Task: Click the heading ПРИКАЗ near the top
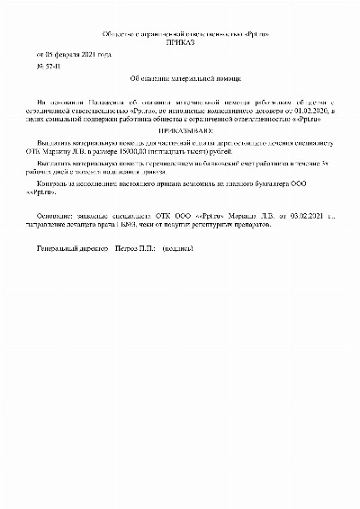(180, 42)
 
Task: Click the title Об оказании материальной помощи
(180, 79)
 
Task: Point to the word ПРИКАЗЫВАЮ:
(180, 129)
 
